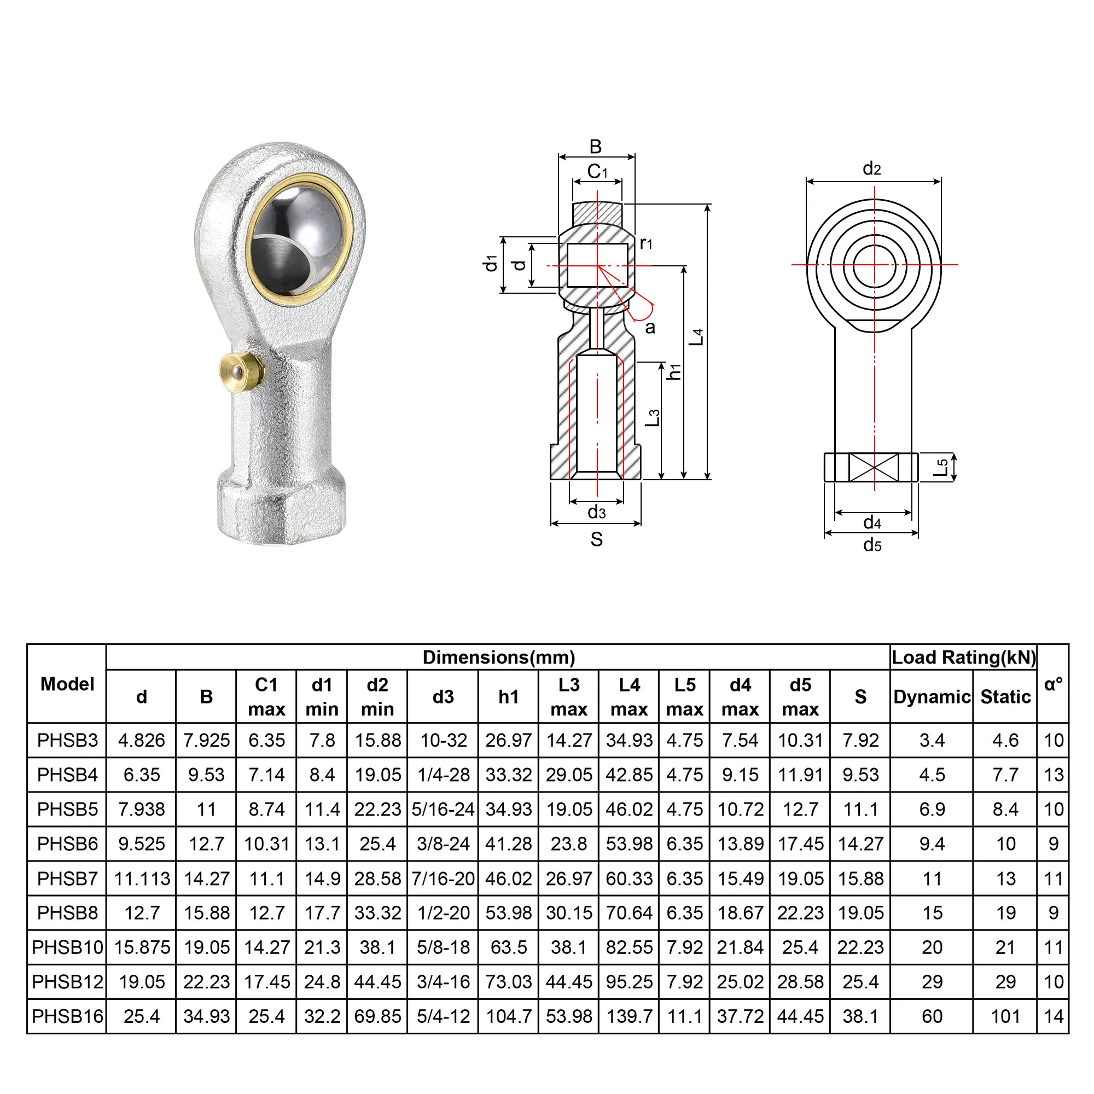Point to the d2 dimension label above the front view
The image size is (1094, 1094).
point(872,168)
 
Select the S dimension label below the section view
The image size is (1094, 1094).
point(596,540)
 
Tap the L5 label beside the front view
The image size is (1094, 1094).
point(941,468)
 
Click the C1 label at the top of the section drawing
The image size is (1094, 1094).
point(597,171)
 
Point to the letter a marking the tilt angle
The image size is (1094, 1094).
point(650,328)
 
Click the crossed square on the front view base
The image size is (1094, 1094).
point(874,468)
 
